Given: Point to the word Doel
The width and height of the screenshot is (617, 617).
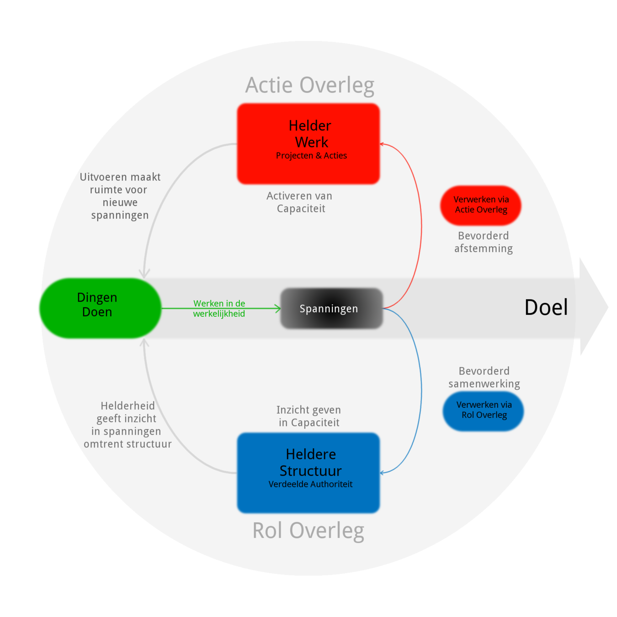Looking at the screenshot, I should point(546,307).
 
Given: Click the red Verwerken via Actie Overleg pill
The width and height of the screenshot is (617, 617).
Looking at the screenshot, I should point(481,205).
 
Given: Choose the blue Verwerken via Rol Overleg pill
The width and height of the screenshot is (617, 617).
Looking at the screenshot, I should point(484,410).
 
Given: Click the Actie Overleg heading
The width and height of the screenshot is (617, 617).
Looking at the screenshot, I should point(310,85).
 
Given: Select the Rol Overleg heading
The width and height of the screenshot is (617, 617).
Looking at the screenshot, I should point(308,531).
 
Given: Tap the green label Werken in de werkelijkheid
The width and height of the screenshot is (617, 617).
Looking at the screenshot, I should point(219,308).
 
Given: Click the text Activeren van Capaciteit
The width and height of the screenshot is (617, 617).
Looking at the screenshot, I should point(300,202).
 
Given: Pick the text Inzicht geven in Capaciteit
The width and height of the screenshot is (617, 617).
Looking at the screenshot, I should point(309,416).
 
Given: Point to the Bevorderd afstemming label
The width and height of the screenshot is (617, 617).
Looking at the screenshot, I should point(484,242).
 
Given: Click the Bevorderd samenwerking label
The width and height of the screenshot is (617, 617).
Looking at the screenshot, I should point(484,378).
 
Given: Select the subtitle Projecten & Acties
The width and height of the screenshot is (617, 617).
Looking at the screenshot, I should point(311,156).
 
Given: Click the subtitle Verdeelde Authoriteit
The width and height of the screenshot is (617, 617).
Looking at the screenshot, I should point(310,484).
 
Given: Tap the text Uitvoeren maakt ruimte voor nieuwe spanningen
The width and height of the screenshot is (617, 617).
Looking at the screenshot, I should point(120,196).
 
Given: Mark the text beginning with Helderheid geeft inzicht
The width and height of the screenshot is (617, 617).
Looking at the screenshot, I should point(128,425).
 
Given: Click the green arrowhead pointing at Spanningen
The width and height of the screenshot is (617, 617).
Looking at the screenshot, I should point(278,308).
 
